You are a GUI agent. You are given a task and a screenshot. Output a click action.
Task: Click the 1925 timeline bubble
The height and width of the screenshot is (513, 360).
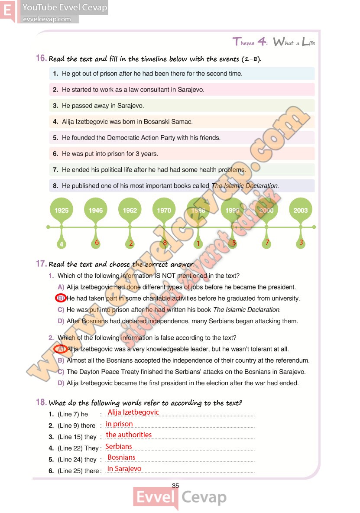point(62,210)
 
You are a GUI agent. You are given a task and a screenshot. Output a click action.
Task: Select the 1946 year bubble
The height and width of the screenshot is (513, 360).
point(96,210)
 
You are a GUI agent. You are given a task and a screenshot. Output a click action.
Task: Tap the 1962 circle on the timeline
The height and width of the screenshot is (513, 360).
point(130,210)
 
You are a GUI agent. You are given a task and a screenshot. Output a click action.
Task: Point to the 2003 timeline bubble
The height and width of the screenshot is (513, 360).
point(300,210)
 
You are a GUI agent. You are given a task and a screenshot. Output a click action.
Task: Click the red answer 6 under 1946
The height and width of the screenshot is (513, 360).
point(97,243)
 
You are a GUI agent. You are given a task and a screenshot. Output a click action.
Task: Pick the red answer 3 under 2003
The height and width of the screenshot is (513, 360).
point(301,243)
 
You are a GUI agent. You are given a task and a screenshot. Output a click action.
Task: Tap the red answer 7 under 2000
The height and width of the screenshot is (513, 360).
point(267,243)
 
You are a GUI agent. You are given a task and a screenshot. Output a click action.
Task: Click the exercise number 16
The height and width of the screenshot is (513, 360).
point(41,58)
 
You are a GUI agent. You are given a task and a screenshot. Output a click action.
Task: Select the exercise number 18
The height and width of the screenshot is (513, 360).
point(41,403)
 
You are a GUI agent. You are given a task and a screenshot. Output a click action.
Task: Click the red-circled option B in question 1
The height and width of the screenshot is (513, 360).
point(61,298)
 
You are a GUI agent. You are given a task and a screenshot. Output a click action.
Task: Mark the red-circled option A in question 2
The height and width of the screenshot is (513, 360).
point(61,349)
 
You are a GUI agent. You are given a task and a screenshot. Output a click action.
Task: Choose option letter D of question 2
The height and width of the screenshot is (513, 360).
point(61,383)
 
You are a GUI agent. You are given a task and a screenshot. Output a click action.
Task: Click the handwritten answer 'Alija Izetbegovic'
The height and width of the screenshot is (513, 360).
point(133,412)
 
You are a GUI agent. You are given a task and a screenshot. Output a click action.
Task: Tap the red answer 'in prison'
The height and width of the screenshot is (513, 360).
point(119,424)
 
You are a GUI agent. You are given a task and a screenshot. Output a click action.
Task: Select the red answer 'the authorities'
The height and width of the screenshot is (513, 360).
point(129,435)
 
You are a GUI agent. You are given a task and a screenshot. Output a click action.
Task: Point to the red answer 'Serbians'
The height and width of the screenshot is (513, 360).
point(119,446)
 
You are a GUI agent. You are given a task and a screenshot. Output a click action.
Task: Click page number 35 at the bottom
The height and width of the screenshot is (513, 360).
point(175,486)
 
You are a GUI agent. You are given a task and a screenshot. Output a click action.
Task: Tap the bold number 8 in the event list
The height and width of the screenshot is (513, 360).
point(55,186)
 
